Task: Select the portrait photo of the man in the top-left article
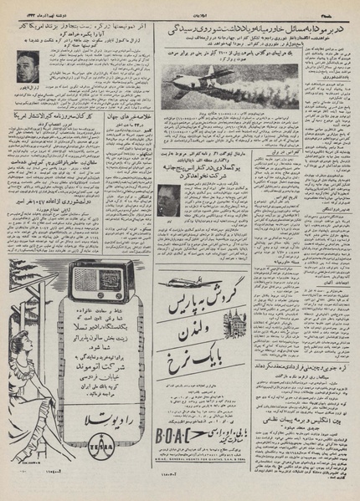tap(28, 66)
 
